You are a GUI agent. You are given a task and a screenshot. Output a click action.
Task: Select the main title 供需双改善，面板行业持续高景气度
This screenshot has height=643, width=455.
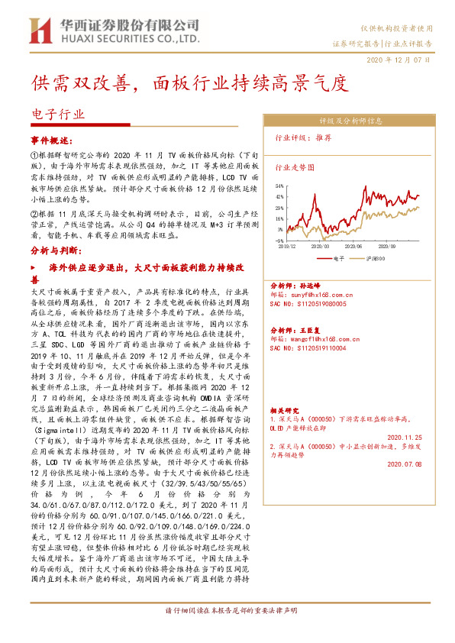[x=189, y=82]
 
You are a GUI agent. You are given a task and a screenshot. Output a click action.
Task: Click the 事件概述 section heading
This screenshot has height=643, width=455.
[x=52, y=141]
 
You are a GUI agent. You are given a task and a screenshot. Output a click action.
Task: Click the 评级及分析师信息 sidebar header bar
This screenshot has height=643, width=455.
[x=350, y=121]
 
